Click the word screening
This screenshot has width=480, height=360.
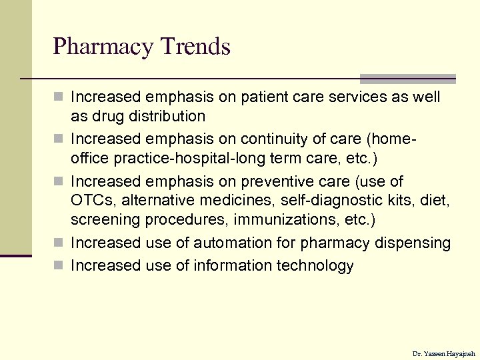click(x=103, y=219)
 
